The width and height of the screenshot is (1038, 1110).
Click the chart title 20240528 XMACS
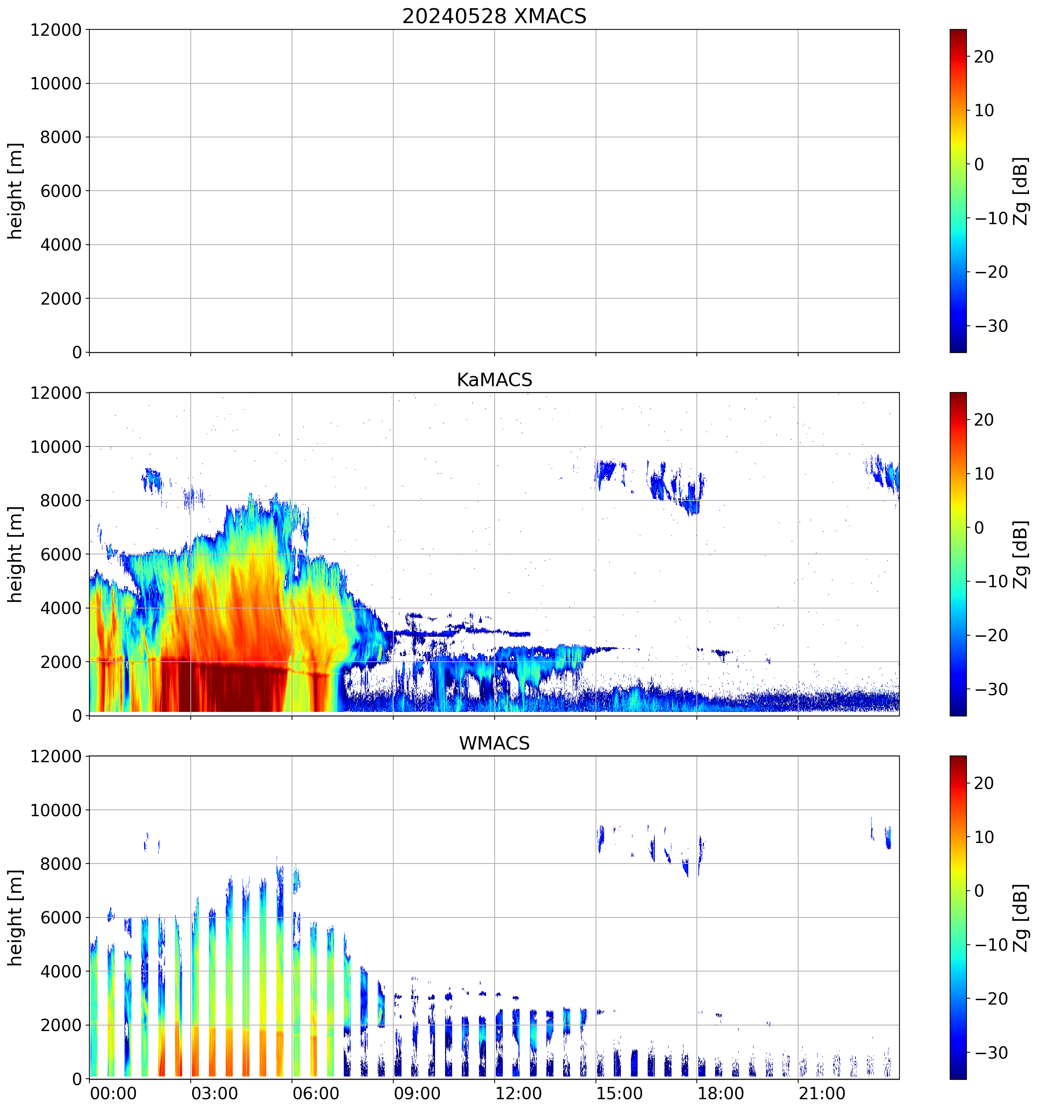(494, 16)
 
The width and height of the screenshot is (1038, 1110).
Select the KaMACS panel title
(494, 380)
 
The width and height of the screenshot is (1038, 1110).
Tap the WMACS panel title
(494, 743)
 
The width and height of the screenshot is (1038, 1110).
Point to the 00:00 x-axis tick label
(113, 1093)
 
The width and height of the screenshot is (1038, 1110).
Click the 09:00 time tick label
(417, 1093)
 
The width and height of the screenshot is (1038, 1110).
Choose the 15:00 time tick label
(619, 1093)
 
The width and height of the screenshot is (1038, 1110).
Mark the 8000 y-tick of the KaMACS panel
(61, 501)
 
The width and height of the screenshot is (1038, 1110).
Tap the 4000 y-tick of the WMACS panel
(61, 971)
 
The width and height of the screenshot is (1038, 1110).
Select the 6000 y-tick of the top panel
(61, 191)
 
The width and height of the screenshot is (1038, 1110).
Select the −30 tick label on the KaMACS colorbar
(991, 689)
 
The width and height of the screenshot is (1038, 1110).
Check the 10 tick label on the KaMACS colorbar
(984, 474)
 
